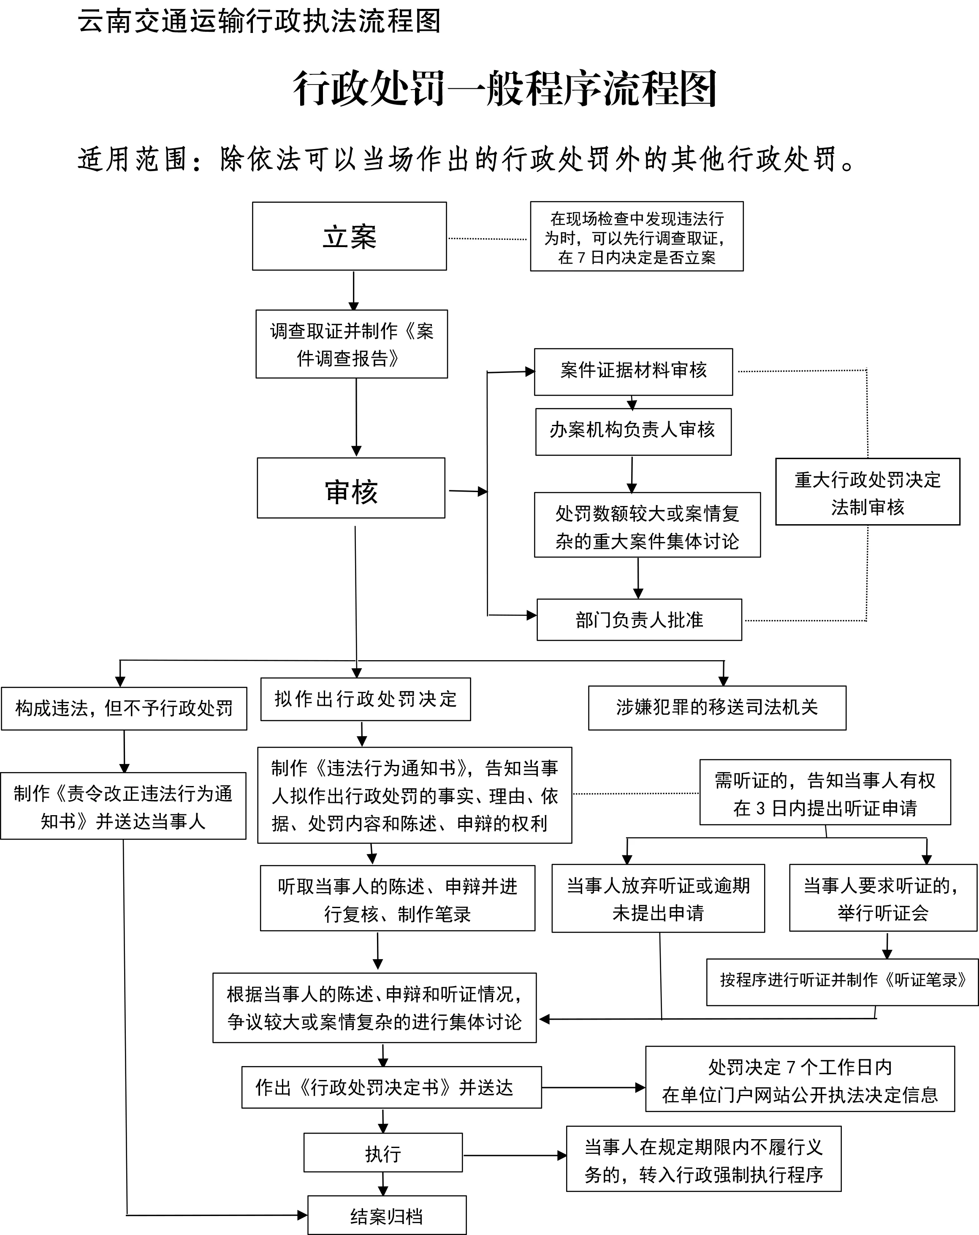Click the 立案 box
349,236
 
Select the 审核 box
351,488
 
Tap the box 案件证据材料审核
633,371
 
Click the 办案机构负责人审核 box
633,431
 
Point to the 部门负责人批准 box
639,620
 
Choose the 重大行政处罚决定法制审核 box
868,492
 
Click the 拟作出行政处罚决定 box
365,699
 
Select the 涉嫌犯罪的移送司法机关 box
717,708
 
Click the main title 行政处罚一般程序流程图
505,89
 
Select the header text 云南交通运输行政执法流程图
259,22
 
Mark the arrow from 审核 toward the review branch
468,491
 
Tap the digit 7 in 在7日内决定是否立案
581,258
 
